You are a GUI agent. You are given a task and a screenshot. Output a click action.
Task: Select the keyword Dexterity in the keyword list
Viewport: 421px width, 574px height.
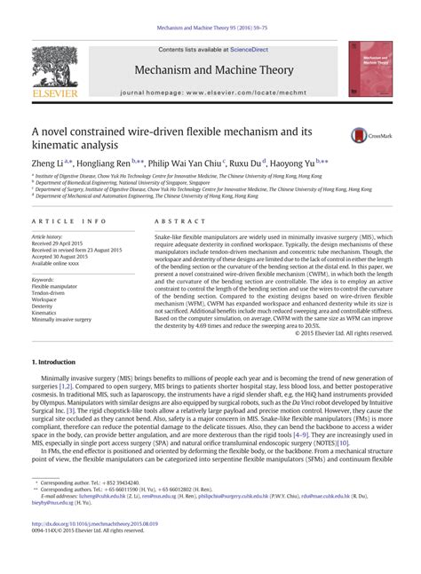[44, 306]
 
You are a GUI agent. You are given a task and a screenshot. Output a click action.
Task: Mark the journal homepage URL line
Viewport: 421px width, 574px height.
[212, 92]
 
